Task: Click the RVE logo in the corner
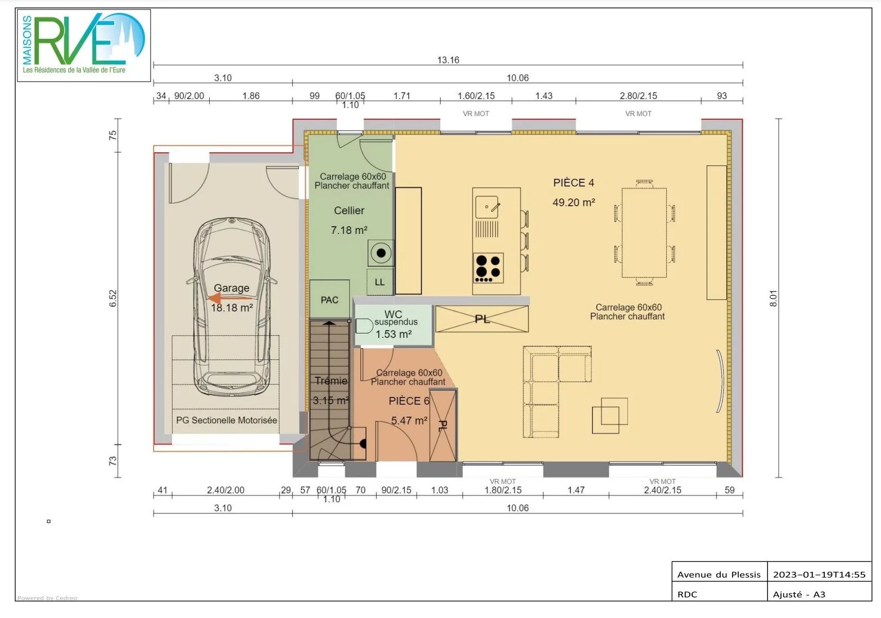[84, 45]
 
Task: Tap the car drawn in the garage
[232, 307]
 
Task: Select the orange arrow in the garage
[229, 298]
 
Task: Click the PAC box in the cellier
[329, 299]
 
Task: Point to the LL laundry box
[380, 282]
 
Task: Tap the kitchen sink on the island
[487, 207]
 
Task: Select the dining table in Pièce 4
[644, 233]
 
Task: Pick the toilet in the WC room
[364, 326]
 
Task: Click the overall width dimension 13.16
[448, 60]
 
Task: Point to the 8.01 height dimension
[773, 298]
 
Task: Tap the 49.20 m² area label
[574, 202]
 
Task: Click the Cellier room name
[349, 210]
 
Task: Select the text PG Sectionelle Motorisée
[227, 420]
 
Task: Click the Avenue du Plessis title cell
[719, 575]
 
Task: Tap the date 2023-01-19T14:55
[819, 575]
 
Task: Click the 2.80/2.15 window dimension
[638, 96]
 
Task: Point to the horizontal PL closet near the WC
[482, 319]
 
